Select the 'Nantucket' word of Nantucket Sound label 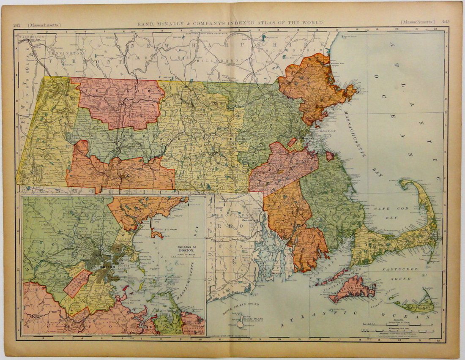point(391,269)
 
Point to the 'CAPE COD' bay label point(383,208)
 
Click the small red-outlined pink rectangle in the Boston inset point(77,284)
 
